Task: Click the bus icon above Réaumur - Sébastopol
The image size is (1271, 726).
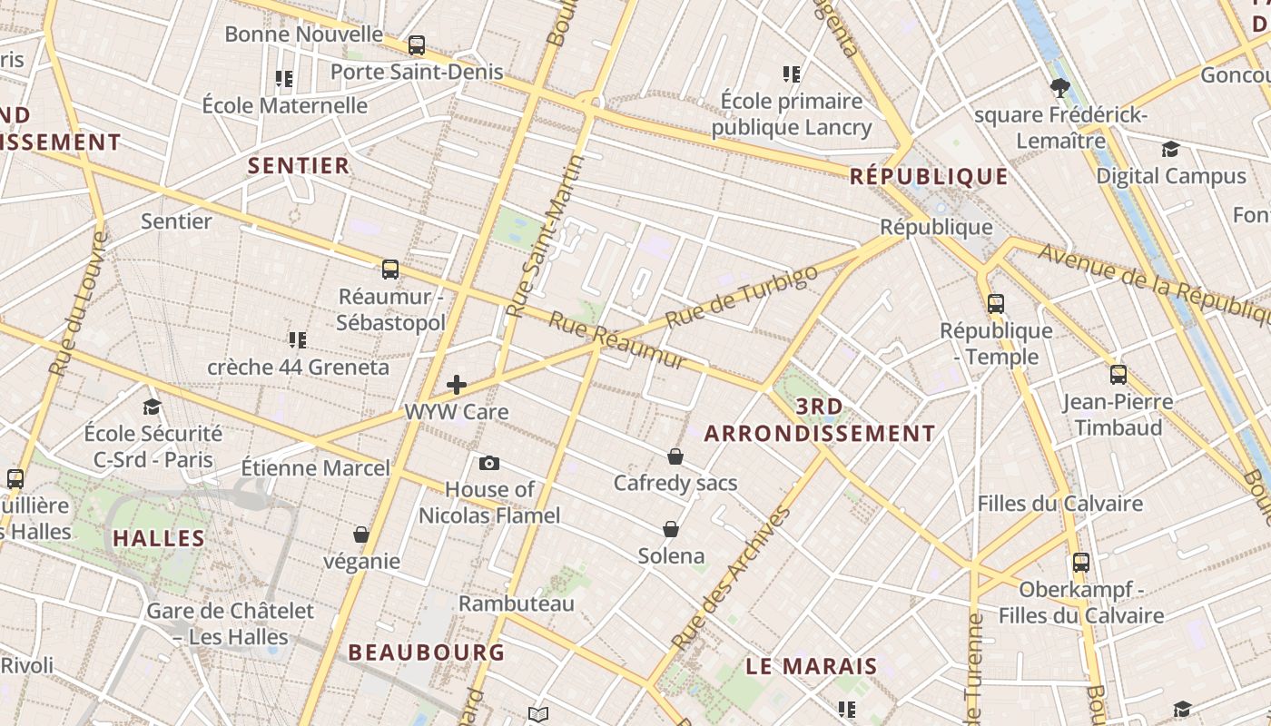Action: [390, 270]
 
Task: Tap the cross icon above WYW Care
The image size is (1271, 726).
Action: [457, 385]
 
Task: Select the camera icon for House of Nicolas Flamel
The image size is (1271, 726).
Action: [489, 464]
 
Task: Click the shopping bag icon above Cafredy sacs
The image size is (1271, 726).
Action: [675, 456]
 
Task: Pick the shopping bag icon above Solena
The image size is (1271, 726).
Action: [671, 529]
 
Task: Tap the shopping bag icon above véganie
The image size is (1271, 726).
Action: [361, 535]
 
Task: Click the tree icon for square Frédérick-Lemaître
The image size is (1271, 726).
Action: [1059, 88]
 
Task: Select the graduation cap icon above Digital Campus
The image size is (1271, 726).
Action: [1170, 149]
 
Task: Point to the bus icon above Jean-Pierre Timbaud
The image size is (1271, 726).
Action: [1118, 375]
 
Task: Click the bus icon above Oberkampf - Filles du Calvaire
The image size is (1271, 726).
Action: [1080, 563]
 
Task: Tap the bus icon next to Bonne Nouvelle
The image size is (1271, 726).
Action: [417, 44]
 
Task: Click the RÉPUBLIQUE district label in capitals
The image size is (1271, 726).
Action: [929, 176]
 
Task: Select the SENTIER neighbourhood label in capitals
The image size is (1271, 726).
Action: [299, 165]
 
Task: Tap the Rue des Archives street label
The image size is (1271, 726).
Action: [731, 578]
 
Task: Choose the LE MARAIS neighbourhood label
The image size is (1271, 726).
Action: [812, 666]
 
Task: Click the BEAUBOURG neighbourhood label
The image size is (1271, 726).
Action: [427, 652]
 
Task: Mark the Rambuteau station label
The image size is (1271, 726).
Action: [517, 603]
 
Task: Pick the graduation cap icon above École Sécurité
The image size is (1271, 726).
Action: [152, 407]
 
